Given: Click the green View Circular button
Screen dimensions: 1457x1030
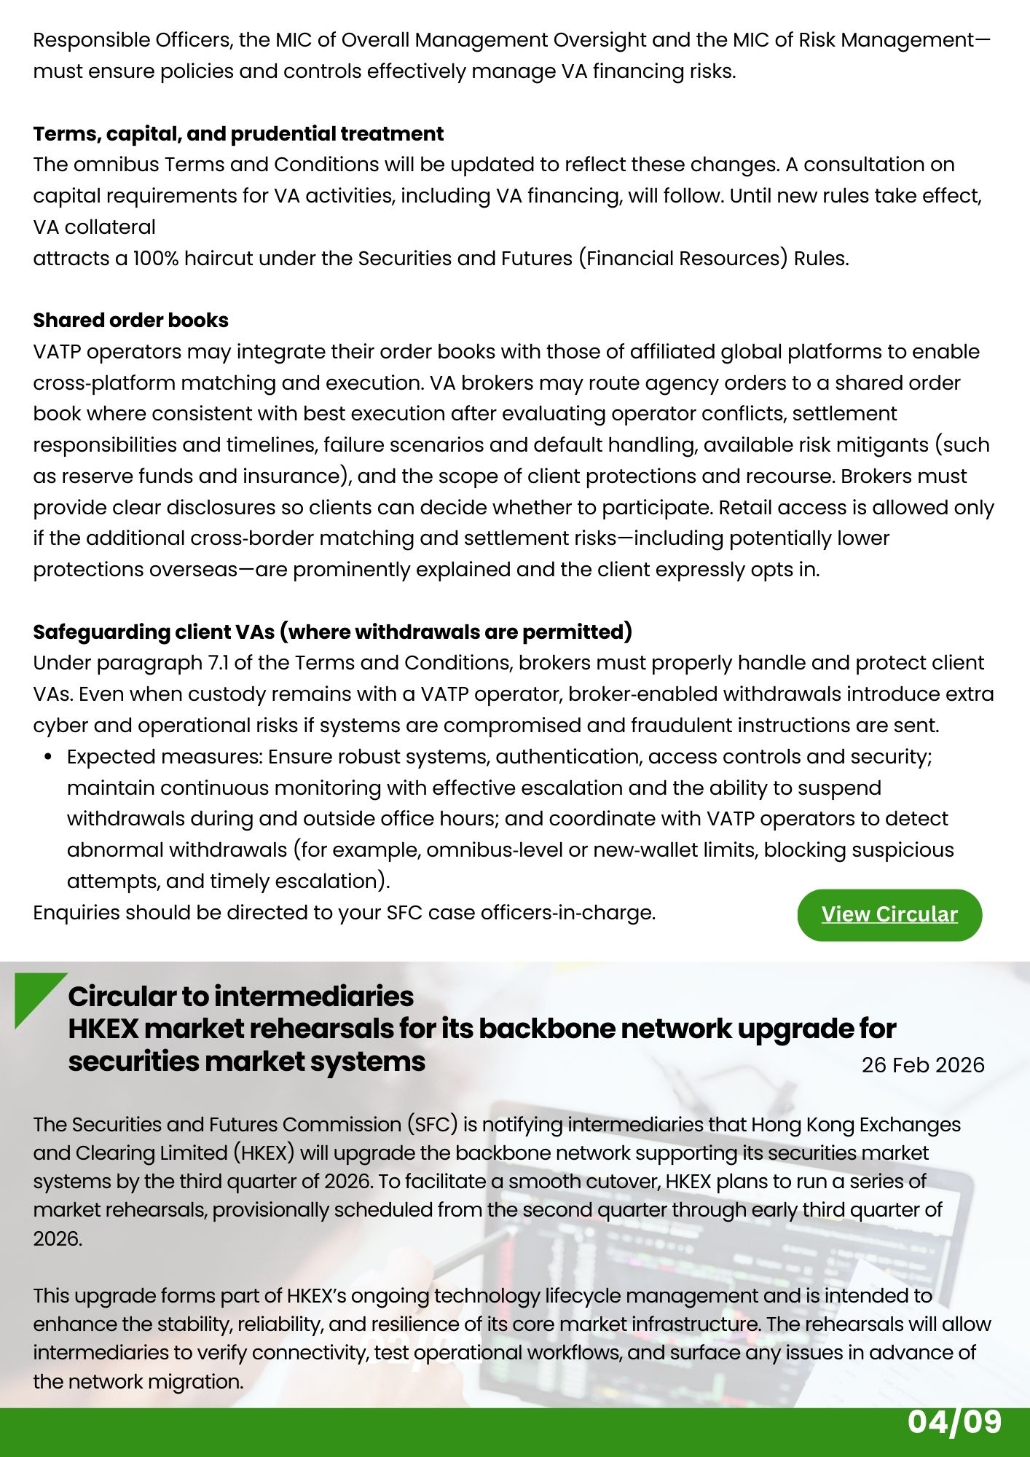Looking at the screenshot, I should [x=889, y=914].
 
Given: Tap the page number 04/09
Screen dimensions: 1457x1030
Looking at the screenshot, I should [x=954, y=1422].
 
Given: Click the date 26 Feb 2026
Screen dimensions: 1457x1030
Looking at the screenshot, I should [x=923, y=1065].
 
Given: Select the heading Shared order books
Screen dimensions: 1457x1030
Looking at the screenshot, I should [x=131, y=321].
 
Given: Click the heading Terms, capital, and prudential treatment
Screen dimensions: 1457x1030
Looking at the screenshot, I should [x=238, y=134].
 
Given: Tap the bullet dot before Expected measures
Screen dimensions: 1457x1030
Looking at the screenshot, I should [x=48, y=758].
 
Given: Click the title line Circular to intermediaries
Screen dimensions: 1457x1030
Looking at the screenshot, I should [x=241, y=996].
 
